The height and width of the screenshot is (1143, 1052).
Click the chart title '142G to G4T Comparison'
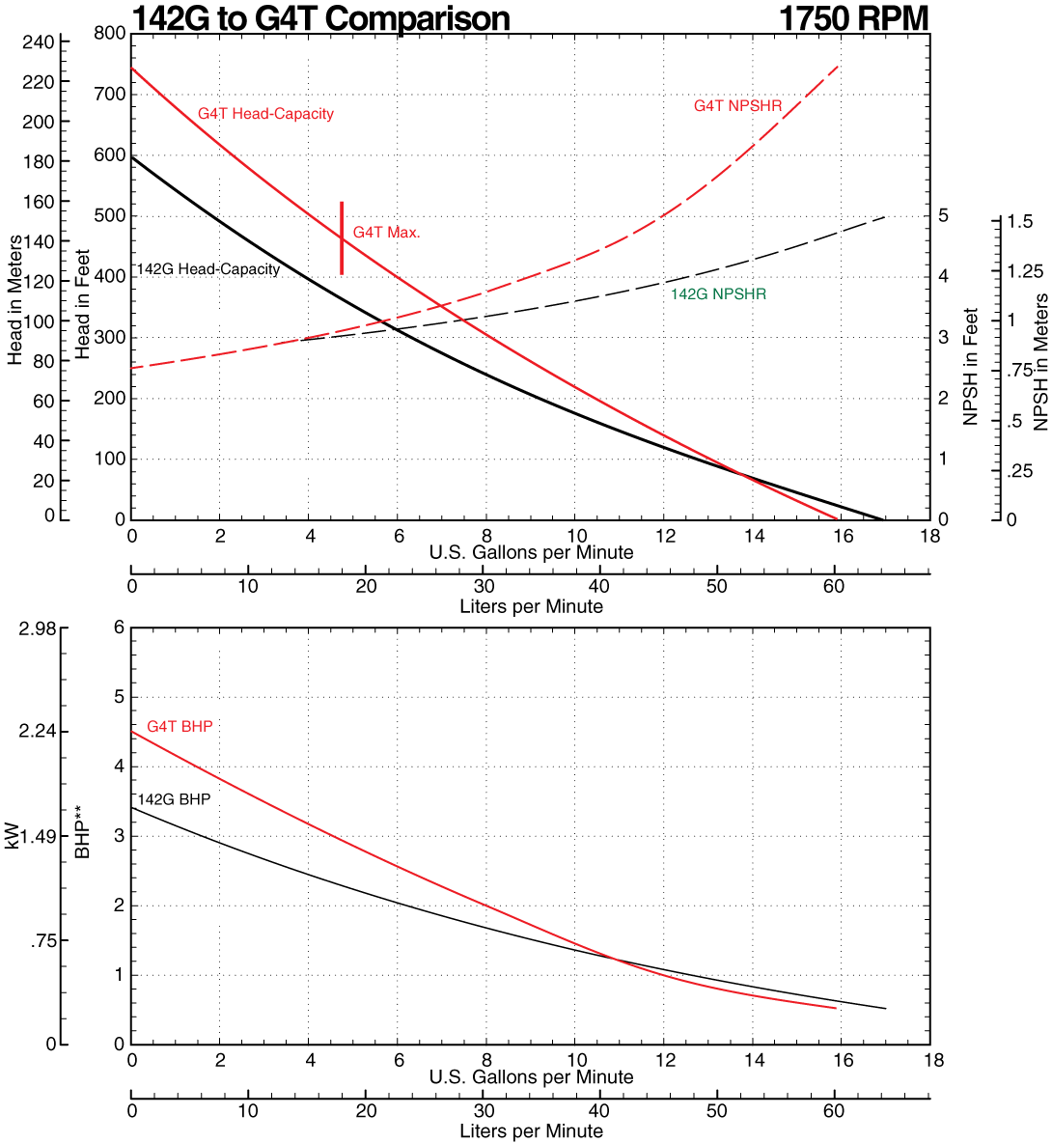coord(320,17)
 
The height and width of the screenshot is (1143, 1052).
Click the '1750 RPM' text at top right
coord(853,17)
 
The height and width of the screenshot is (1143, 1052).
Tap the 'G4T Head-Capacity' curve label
coord(265,114)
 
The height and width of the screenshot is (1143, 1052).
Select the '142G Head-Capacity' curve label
coord(208,269)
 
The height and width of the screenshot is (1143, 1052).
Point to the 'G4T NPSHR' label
coord(737,106)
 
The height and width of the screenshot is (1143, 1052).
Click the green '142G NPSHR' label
coord(719,294)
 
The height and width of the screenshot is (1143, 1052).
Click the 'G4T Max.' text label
coord(386,233)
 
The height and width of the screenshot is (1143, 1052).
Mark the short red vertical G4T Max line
coord(342,238)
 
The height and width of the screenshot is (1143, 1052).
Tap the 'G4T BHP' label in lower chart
coord(180,727)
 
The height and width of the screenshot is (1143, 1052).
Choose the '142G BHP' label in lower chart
coord(174,800)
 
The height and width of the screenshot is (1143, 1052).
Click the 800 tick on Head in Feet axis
coord(110,34)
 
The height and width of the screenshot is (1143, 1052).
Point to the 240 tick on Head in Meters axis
coord(39,42)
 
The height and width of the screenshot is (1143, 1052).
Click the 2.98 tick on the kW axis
coord(38,628)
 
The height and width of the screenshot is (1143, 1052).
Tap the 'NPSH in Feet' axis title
coord(971,367)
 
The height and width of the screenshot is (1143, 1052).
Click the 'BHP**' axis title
coord(83,835)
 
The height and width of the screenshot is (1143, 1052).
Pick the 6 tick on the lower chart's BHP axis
coord(120,627)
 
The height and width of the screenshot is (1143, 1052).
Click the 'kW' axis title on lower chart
coord(12,836)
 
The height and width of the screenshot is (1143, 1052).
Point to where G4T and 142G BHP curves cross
coord(615,958)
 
